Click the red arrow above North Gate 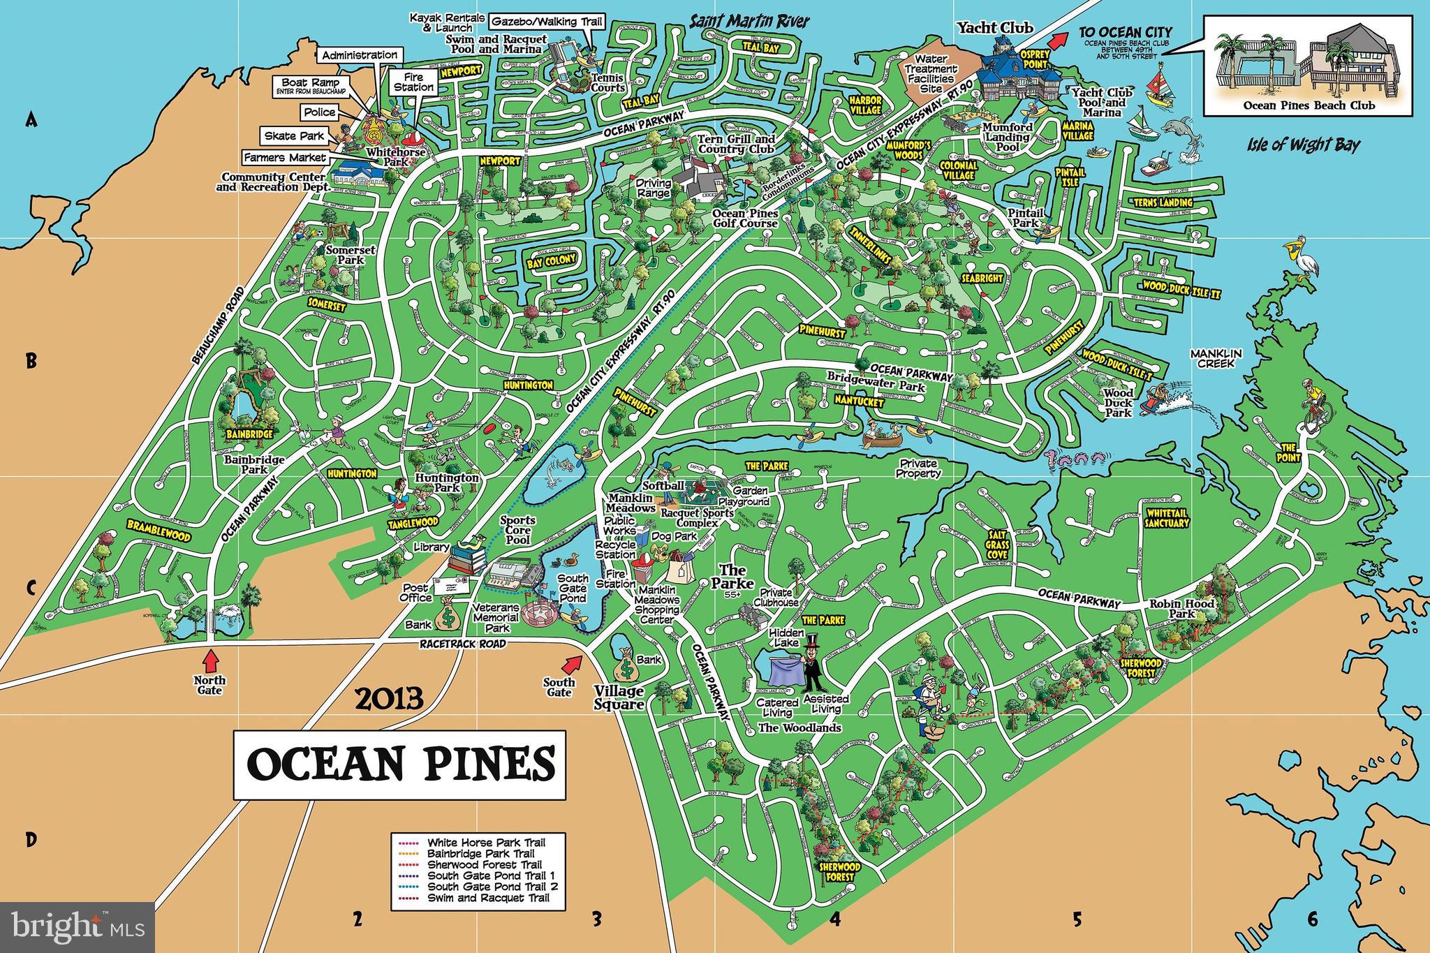(x=209, y=660)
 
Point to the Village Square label (x=619, y=697)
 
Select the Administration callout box (x=360, y=55)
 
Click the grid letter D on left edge (x=31, y=840)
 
